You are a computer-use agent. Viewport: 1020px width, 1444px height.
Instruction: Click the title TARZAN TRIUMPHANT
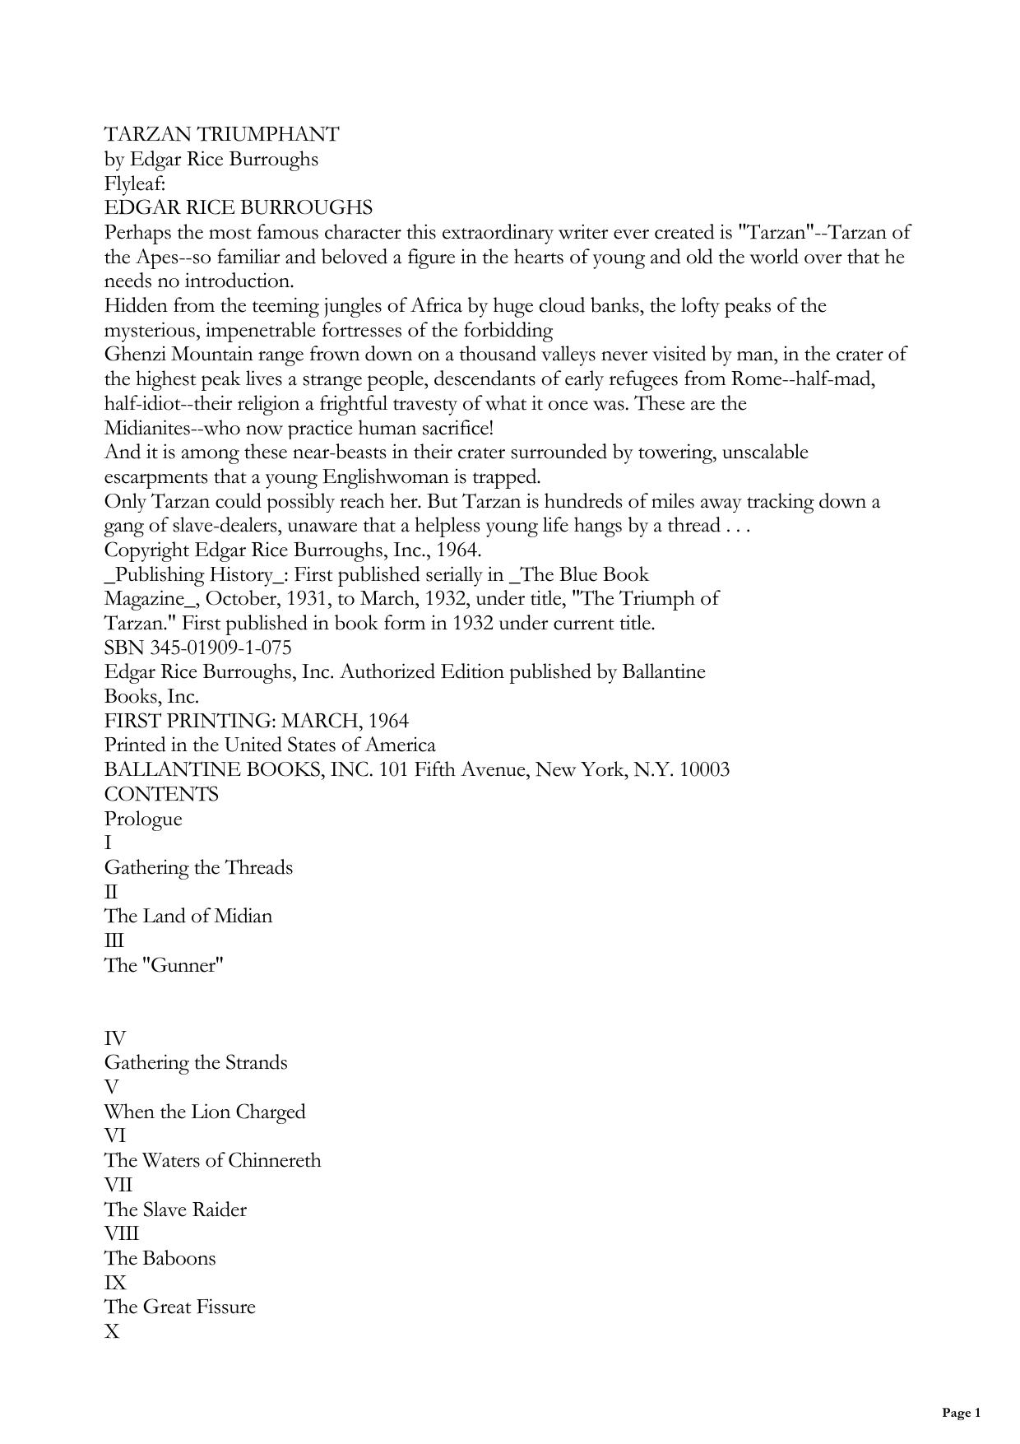[221, 134]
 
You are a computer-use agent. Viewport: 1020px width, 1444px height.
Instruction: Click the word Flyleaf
[134, 183]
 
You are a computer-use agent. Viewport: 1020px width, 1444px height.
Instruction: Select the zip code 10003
[704, 770]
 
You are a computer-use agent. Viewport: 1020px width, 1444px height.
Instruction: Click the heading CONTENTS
[161, 795]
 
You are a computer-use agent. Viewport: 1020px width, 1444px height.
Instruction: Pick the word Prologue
[143, 820]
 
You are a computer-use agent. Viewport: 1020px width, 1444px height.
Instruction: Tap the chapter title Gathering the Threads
[198, 868]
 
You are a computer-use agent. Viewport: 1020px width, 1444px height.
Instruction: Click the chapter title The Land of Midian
[188, 917]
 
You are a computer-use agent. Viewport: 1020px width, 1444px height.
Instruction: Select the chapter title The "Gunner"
[164, 965]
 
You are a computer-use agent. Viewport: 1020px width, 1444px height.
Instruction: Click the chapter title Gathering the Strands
[196, 1063]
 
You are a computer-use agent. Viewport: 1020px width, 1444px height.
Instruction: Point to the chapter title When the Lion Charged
[204, 1112]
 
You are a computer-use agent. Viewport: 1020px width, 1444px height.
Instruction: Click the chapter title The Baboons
[160, 1259]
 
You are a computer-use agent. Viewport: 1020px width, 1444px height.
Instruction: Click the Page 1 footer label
[961, 1414]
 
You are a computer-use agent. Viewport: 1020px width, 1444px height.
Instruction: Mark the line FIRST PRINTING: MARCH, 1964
[256, 722]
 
